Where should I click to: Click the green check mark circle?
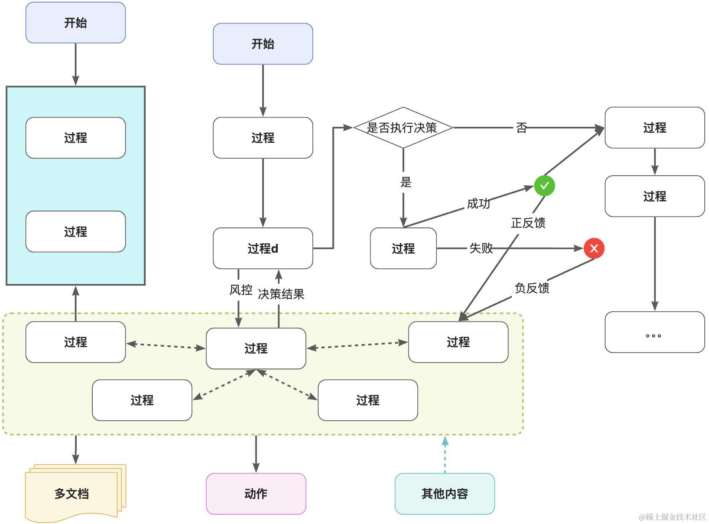[x=544, y=185]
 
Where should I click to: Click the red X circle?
[x=594, y=248]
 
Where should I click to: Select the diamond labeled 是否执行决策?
[x=403, y=128]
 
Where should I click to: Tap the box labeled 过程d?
[x=263, y=249]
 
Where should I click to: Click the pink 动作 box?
[x=256, y=494]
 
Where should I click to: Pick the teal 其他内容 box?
[x=445, y=494]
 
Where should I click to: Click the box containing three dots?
[x=654, y=332]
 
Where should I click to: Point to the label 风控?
[x=241, y=290]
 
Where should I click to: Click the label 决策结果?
[x=281, y=294]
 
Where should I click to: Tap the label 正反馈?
[x=528, y=223]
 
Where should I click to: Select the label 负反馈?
[x=532, y=288]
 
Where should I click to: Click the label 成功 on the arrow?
[x=478, y=203]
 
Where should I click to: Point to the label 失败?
[x=481, y=248]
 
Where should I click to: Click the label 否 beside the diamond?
[x=521, y=128]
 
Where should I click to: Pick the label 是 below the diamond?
[x=406, y=182]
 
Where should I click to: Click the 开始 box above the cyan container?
[x=75, y=23]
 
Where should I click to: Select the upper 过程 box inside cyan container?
[x=75, y=138]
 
